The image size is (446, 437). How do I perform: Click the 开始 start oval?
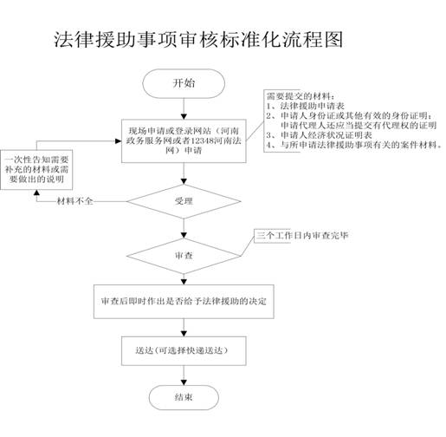click(184, 83)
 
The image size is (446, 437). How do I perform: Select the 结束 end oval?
click(184, 397)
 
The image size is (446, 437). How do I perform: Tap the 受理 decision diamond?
click(184, 201)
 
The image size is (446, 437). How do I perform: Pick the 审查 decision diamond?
click(184, 256)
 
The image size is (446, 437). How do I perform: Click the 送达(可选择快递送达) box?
click(184, 350)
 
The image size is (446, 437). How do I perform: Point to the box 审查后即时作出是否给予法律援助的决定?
click(184, 302)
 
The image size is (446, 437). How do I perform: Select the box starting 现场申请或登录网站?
click(184, 140)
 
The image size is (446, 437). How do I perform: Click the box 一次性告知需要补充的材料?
click(36, 170)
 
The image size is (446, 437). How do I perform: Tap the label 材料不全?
click(75, 201)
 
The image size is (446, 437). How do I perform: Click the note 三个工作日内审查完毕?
click(302, 236)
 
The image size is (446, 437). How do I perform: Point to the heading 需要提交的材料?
click(301, 96)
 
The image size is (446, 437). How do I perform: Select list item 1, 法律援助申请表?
click(306, 106)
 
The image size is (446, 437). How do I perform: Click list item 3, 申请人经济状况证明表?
click(319, 135)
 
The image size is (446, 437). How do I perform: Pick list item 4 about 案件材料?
click(354, 145)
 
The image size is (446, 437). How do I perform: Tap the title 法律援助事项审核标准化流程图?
click(198, 39)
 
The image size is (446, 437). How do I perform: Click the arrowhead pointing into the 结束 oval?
click(184, 382)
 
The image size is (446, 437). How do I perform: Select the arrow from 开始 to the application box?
click(184, 108)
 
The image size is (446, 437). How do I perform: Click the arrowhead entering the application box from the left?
click(118, 141)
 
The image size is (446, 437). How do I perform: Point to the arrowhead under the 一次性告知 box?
click(36, 192)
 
